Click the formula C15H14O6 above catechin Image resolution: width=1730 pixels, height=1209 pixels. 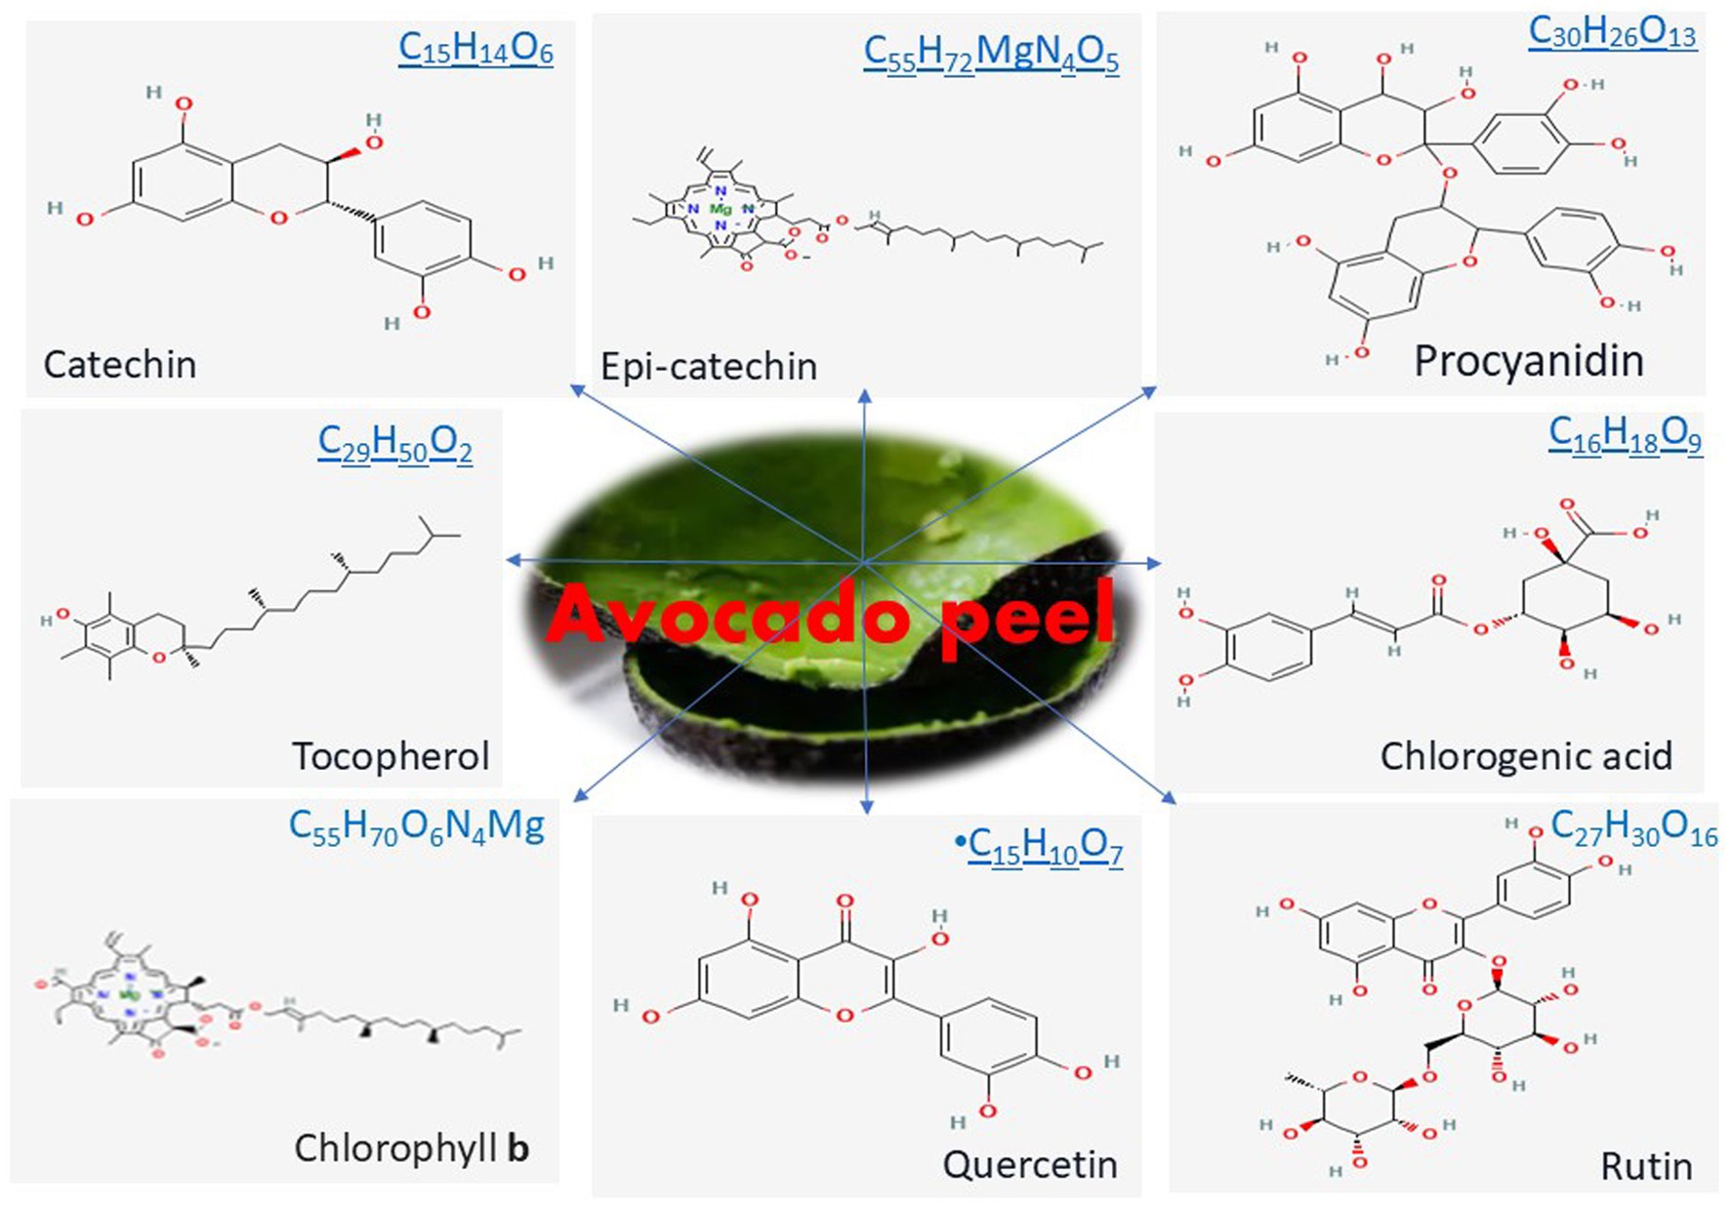click(475, 48)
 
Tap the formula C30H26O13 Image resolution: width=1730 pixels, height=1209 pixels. click(1612, 32)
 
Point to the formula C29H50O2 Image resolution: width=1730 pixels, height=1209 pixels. click(394, 444)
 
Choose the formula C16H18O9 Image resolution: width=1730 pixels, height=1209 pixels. click(1625, 434)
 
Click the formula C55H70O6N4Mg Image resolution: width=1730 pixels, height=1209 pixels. click(417, 827)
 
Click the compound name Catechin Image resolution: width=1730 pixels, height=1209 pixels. click(120, 365)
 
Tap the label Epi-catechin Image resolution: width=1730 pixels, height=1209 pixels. click(709, 367)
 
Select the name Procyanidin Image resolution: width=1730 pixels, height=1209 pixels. click(1529, 361)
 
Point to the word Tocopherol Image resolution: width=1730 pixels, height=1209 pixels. click(391, 756)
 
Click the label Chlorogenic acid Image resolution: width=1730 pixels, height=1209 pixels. click(1526, 756)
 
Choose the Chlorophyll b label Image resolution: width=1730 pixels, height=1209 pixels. click(411, 1149)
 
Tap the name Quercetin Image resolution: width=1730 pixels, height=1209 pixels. click(1030, 1164)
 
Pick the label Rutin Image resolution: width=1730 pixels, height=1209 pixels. click(1646, 1166)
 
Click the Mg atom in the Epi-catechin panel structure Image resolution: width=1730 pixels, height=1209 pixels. click(721, 209)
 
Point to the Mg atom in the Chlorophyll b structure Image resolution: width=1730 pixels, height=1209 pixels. click(129, 995)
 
